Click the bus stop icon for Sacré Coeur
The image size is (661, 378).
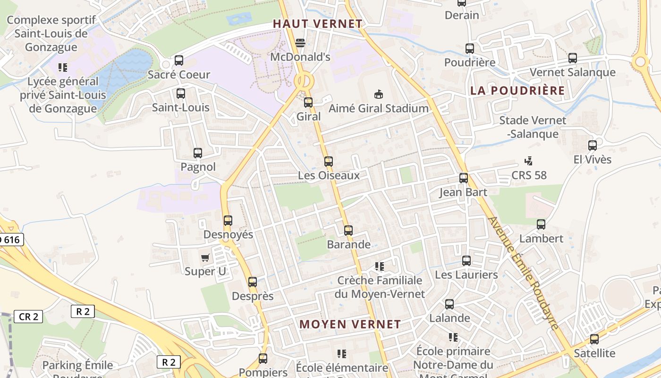coord(179,60)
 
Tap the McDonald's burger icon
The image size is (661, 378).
coord(300,43)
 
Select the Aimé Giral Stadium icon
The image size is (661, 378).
coord(378,94)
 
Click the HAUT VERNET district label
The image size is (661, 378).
coord(318,24)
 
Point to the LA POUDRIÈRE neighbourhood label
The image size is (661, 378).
coord(517,91)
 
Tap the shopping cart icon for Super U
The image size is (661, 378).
coord(205,258)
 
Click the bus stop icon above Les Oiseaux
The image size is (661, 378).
coord(329,162)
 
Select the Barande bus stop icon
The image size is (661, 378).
coord(348,231)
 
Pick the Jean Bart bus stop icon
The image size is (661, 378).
coord(464,178)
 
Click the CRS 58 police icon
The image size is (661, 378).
coord(529,161)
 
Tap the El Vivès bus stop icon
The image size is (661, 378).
coord(593,146)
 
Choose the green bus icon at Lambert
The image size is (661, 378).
coord(541,224)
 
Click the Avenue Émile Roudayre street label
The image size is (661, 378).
coord(524,273)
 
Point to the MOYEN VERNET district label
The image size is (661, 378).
coord(350,325)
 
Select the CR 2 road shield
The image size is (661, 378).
coord(28,317)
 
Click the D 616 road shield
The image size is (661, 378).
coord(10,240)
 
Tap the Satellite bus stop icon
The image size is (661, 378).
coord(594,339)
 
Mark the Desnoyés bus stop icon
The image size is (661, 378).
coord(228,221)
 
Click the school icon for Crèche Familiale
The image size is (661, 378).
coord(380,266)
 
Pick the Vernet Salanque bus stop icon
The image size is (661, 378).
coord(573,58)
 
